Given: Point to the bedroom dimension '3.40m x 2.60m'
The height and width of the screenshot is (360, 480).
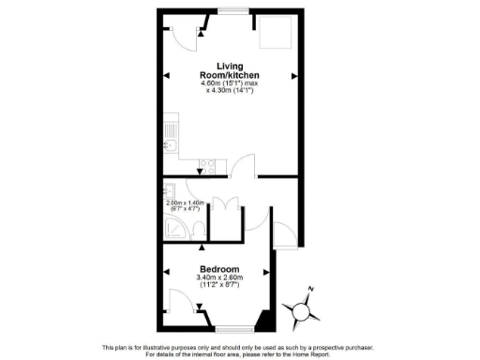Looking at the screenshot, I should (x=219, y=277).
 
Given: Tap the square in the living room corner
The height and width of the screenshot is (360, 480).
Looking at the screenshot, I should (x=273, y=35).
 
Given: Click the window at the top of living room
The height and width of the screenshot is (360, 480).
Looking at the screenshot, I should (x=231, y=11).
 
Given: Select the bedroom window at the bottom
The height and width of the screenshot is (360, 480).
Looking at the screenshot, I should (x=231, y=329).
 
